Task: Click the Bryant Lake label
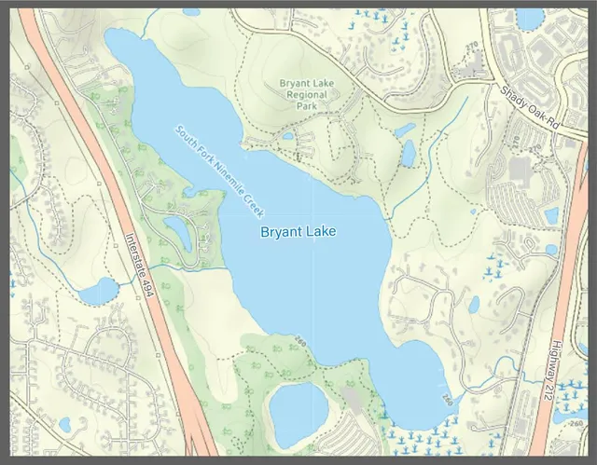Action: pyautogui.click(x=298, y=231)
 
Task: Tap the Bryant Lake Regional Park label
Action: pyautogui.click(x=306, y=94)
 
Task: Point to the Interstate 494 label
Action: pyautogui.click(x=138, y=266)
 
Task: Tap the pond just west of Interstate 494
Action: pyautogui.click(x=97, y=292)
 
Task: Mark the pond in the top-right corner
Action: pyautogui.click(x=530, y=19)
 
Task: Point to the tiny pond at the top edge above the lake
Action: pyautogui.click(x=191, y=12)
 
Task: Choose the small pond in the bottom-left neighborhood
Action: pyautogui.click(x=64, y=425)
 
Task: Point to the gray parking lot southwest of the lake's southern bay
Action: pyautogui.click(x=354, y=399)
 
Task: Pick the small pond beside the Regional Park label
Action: pyautogui.click(x=287, y=135)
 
